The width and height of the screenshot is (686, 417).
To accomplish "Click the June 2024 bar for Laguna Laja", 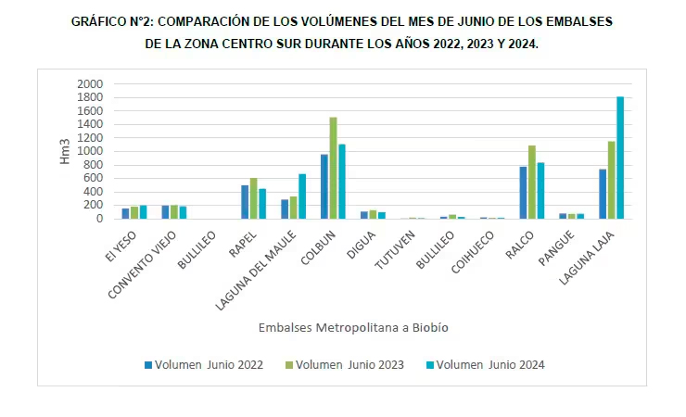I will (x=620, y=158).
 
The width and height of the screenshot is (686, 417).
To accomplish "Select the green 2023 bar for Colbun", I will (x=333, y=169).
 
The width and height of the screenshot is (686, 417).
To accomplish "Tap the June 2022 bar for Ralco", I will (x=523, y=193).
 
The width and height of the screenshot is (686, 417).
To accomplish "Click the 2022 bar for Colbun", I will (x=324, y=186).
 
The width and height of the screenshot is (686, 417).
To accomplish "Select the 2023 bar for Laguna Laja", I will (x=612, y=180).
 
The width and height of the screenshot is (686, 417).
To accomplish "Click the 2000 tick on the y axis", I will (x=90, y=84).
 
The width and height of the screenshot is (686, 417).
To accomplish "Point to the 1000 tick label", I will (x=90, y=152).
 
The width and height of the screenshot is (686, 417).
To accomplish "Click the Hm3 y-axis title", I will (x=65, y=151).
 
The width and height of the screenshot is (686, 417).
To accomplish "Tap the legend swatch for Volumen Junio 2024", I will (x=430, y=364).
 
